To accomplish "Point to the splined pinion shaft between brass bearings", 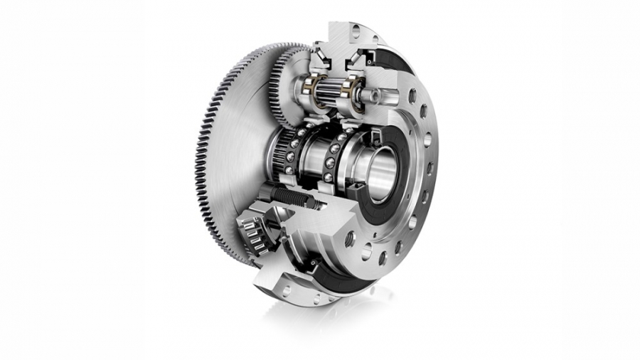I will pos(331,91).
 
